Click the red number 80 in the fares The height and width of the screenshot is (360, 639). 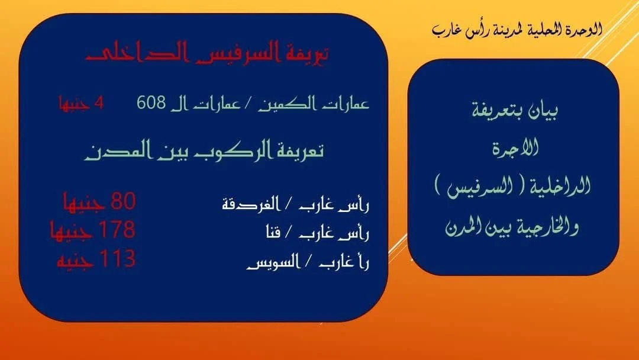point(123,201)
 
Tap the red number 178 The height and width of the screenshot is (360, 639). point(117,229)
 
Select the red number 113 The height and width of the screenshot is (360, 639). point(117,259)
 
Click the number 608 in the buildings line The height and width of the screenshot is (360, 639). point(151,102)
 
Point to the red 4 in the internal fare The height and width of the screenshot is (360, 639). point(99,103)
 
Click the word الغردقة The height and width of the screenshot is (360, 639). point(251,204)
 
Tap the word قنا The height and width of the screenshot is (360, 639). point(273,232)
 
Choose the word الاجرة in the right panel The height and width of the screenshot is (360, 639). point(515,147)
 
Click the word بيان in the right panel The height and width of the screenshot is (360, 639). point(543,110)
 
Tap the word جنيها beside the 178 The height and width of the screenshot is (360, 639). point(72,231)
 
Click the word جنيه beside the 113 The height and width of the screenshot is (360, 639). point(76,260)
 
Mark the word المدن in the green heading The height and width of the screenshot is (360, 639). point(118,151)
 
